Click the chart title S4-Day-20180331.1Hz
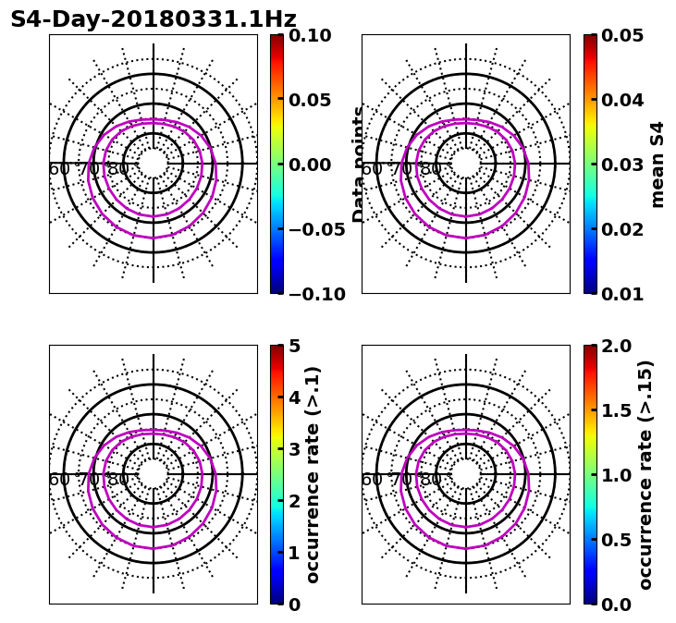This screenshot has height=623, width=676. point(154,19)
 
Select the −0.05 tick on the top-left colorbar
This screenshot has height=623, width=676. point(311,229)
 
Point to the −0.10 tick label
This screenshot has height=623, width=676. point(311,294)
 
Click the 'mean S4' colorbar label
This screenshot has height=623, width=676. point(658,165)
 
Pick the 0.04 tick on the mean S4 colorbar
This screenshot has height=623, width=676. point(623,100)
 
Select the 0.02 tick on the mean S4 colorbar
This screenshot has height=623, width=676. point(623,229)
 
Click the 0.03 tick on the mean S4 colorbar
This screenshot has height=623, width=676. point(623,165)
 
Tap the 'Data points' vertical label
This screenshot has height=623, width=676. point(359,165)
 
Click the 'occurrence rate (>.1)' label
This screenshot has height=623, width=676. point(313,475)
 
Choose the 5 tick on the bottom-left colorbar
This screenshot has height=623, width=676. point(295,346)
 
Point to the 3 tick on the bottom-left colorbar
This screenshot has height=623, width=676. point(295,449)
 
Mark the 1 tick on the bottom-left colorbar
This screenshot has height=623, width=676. point(295,553)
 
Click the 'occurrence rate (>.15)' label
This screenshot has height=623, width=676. point(645,475)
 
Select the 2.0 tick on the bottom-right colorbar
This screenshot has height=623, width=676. point(619,346)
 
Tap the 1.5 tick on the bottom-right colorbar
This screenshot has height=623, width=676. point(619,410)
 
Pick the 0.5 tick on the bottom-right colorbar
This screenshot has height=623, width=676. point(619,540)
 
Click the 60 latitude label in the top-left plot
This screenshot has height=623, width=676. point(58,169)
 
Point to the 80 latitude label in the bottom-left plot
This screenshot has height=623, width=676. point(118,480)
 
